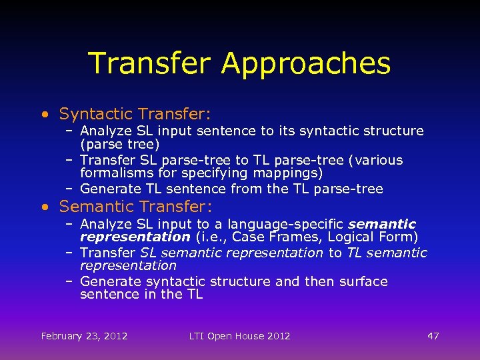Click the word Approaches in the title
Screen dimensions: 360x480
click(x=306, y=64)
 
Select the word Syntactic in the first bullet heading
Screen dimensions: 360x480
click(x=93, y=114)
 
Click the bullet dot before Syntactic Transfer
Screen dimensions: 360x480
click(x=44, y=115)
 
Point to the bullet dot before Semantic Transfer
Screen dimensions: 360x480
click(x=44, y=207)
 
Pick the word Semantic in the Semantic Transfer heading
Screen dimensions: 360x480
click(x=91, y=207)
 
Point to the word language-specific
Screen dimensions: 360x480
click(x=287, y=225)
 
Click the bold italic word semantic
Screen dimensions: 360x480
click(x=382, y=225)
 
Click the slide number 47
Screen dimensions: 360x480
click(x=433, y=336)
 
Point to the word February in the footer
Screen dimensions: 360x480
click(x=64, y=336)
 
